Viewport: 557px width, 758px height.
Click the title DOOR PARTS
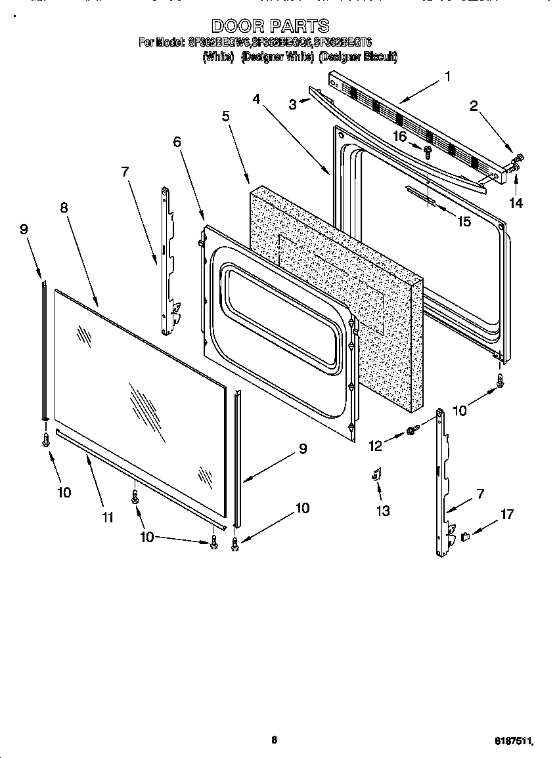[270, 26]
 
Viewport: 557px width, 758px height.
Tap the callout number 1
[447, 77]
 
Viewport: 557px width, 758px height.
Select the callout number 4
[256, 98]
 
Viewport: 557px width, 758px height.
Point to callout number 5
[225, 116]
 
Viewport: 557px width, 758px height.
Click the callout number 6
[177, 141]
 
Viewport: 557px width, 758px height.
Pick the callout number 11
[108, 517]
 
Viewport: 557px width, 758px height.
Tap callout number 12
[375, 446]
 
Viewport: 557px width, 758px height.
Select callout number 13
[382, 510]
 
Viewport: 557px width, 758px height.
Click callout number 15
[464, 221]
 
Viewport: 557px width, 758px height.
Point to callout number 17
[507, 515]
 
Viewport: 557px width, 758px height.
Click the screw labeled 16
[428, 152]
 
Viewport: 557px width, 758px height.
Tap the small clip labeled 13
[377, 474]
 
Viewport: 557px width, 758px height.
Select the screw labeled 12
[412, 431]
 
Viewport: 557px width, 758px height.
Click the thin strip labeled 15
[420, 196]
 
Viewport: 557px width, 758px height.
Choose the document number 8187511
[513, 740]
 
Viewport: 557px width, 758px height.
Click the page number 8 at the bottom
[274, 740]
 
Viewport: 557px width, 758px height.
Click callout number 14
[516, 203]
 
